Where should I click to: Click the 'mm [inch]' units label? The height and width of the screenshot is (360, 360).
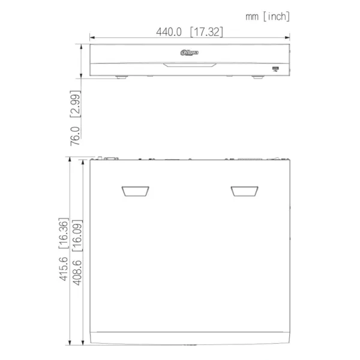(x=267, y=16)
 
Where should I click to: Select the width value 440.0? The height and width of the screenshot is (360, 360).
(x=170, y=32)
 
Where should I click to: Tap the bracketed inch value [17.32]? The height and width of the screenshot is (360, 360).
(x=206, y=32)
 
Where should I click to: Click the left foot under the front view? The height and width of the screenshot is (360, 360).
(x=121, y=77)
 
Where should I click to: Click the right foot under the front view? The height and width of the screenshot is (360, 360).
(x=256, y=77)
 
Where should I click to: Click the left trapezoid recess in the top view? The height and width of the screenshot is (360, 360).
(x=136, y=191)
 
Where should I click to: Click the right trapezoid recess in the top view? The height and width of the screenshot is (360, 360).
(x=244, y=191)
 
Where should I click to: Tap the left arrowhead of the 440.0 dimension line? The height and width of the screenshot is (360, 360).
(x=92, y=39)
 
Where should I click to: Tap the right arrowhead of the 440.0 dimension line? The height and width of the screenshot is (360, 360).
(x=288, y=39)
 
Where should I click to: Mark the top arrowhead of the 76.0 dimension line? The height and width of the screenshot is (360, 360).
(x=82, y=46)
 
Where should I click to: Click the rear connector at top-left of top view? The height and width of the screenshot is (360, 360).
(x=110, y=158)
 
